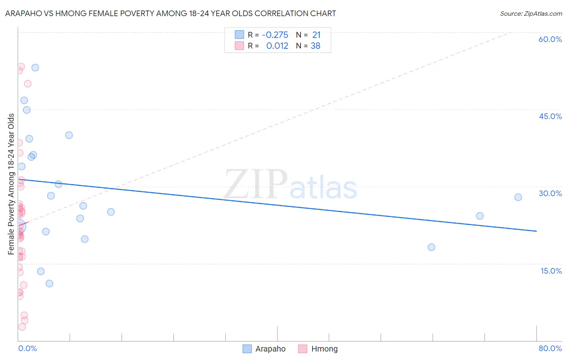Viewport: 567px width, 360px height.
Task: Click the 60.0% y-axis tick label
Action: [x=550, y=39]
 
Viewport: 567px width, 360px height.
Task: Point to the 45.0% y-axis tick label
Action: [x=550, y=116]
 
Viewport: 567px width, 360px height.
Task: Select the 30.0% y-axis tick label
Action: [x=550, y=193]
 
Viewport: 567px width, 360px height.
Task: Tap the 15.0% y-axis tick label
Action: [x=551, y=271]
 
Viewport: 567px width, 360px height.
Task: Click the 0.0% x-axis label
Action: [x=27, y=348]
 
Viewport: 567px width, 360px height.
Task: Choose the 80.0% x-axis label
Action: [x=550, y=348]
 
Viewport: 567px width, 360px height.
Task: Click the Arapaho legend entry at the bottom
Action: [x=264, y=349]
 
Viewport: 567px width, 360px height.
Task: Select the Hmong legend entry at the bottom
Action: [x=318, y=349]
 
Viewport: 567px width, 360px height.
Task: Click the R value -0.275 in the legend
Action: [x=275, y=35]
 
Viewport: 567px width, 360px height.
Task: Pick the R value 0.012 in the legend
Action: [x=277, y=46]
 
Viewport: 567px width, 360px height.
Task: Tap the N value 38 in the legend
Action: [x=315, y=46]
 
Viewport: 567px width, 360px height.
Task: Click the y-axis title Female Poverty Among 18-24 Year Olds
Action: [x=11, y=184]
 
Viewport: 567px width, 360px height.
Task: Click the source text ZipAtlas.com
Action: [x=531, y=14]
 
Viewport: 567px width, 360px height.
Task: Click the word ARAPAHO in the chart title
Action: [x=25, y=14]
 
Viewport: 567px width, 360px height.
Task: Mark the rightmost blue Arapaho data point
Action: [x=518, y=197]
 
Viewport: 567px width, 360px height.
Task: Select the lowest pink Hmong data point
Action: [x=22, y=327]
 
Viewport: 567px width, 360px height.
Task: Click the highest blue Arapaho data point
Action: [x=35, y=67]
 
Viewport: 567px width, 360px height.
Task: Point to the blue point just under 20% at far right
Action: [x=432, y=247]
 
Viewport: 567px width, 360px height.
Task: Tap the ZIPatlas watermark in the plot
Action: [x=290, y=185]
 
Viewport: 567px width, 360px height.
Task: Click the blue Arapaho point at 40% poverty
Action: [x=69, y=135]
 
